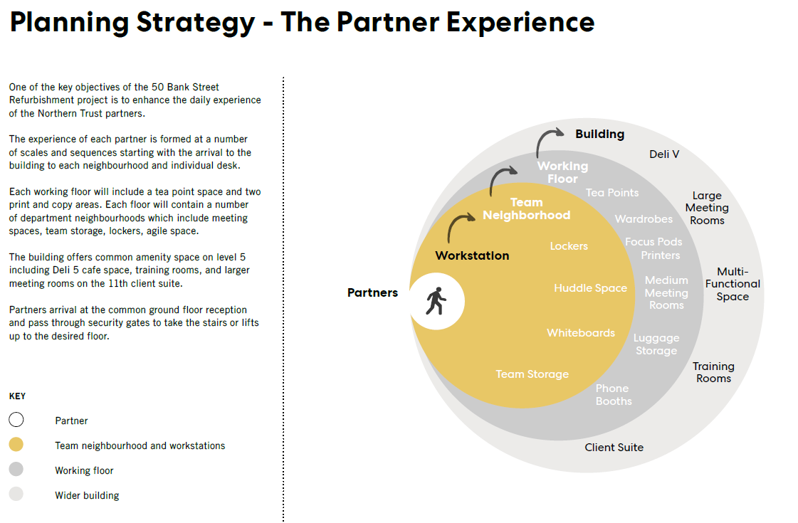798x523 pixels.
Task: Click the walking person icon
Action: pyautogui.click(x=435, y=301)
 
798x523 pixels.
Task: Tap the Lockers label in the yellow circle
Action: pyautogui.click(x=569, y=246)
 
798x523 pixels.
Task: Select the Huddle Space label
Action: pyautogui.click(x=590, y=288)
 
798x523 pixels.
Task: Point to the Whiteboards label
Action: pyautogui.click(x=581, y=333)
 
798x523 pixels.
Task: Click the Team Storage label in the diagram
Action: pyautogui.click(x=532, y=374)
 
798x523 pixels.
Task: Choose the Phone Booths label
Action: pyautogui.click(x=614, y=395)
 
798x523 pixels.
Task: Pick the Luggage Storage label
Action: pyautogui.click(x=656, y=344)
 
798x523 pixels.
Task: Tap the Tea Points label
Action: pyautogui.click(x=612, y=193)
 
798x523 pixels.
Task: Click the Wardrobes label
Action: pyautogui.click(x=644, y=219)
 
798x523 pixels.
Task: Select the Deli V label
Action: pyautogui.click(x=664, y=154)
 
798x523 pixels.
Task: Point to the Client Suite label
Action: pyautogui.click(x=614, y=448)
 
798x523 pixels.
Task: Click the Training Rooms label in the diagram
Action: pyautogui.click(x=713, y=372)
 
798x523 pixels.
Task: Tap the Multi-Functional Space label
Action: pyautogui.click(x=733, y=284)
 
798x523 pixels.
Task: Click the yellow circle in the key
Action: pyautogui.click(x=16, y=445)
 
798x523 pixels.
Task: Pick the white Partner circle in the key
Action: pyautogui.click(x=16, y=420)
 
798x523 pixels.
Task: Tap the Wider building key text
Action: pyautogui.click(x=87, y=495)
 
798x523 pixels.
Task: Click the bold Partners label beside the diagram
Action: pyautogui.click(x=372, y=293)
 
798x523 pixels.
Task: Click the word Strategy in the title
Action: pyautogui.click(x=195, y=22)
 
